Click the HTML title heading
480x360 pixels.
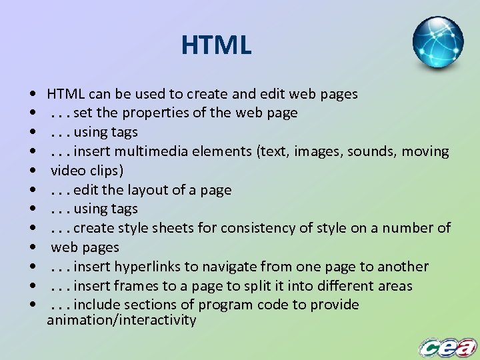pos(216,46)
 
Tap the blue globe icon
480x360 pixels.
pos(437,43)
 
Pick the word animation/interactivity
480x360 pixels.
pos(121,321)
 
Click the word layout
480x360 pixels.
pos(148,190)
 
